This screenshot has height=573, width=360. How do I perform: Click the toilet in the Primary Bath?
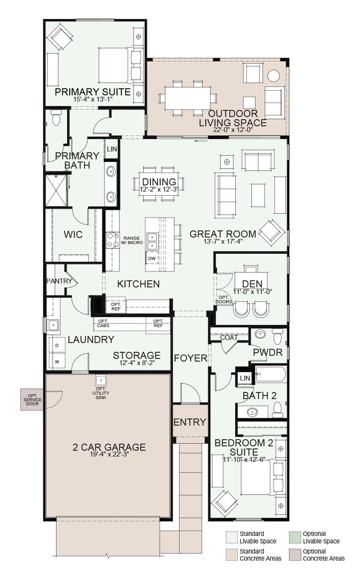[56, 118]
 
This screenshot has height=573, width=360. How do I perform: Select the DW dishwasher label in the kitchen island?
[152, 258]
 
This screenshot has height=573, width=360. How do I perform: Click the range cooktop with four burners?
[113, 240]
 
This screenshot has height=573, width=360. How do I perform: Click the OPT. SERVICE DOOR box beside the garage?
[32, 400]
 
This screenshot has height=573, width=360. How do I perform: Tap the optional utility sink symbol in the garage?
[101, 380]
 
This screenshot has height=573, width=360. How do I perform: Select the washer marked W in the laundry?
[57, 362]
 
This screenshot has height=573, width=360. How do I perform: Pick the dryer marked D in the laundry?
[57, 345]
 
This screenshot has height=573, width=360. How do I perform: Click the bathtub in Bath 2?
[270, 374]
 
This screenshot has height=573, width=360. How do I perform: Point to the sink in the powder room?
[260, 334]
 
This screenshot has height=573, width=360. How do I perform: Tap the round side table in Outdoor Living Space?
[274, 75]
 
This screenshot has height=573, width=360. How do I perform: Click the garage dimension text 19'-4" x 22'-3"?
[109, 454]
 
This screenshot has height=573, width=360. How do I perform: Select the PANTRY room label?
[59, 281]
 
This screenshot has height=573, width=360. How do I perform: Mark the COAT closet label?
[229, 338]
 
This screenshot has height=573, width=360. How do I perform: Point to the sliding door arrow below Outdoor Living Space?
[201, 140]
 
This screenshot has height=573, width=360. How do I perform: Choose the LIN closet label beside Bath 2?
[245, 378]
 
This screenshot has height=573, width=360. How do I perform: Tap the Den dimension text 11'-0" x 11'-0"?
[252, 291]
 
